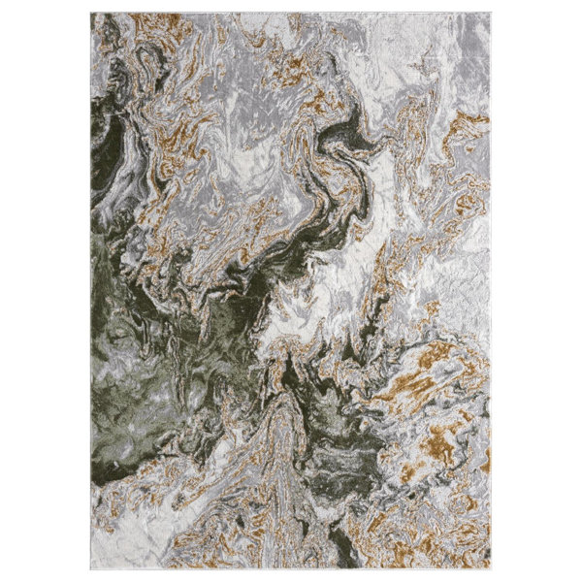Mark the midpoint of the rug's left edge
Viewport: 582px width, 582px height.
tap(92, 291)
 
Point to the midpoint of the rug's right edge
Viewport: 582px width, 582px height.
tap(491, 291)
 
